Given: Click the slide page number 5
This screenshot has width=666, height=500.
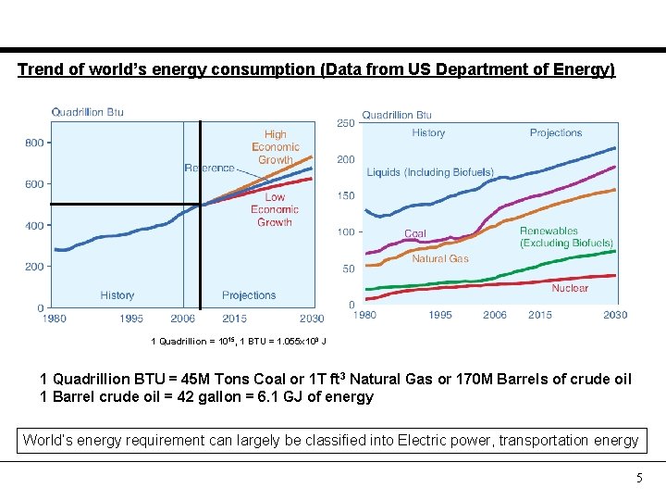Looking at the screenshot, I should [637, 479].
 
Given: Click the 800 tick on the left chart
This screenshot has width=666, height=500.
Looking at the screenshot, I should [34, 143].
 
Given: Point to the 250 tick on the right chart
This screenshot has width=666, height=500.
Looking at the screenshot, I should [345, 123].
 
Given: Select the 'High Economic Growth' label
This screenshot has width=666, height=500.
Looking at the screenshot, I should [275, 147].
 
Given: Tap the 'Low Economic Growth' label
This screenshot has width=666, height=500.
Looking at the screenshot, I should [275, 209].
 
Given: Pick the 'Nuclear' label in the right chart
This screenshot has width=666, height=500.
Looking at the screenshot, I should [569, 288].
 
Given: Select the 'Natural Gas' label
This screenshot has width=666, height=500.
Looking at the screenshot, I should [439, 259].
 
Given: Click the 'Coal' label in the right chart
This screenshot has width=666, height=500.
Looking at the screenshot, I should [415, 234].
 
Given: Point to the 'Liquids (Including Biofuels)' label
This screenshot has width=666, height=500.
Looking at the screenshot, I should [430, 172].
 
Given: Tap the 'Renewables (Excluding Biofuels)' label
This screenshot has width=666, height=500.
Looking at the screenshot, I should [565, 237].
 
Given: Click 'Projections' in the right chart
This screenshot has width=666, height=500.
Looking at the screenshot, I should [555, 132].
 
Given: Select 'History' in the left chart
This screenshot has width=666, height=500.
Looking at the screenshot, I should [117, 295].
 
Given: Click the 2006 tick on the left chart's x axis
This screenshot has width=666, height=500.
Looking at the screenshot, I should [183, 319].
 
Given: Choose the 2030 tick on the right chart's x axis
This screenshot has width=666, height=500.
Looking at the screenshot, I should [614, 316].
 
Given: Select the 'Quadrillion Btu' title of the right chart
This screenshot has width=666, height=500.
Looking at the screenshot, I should [396, 115].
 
